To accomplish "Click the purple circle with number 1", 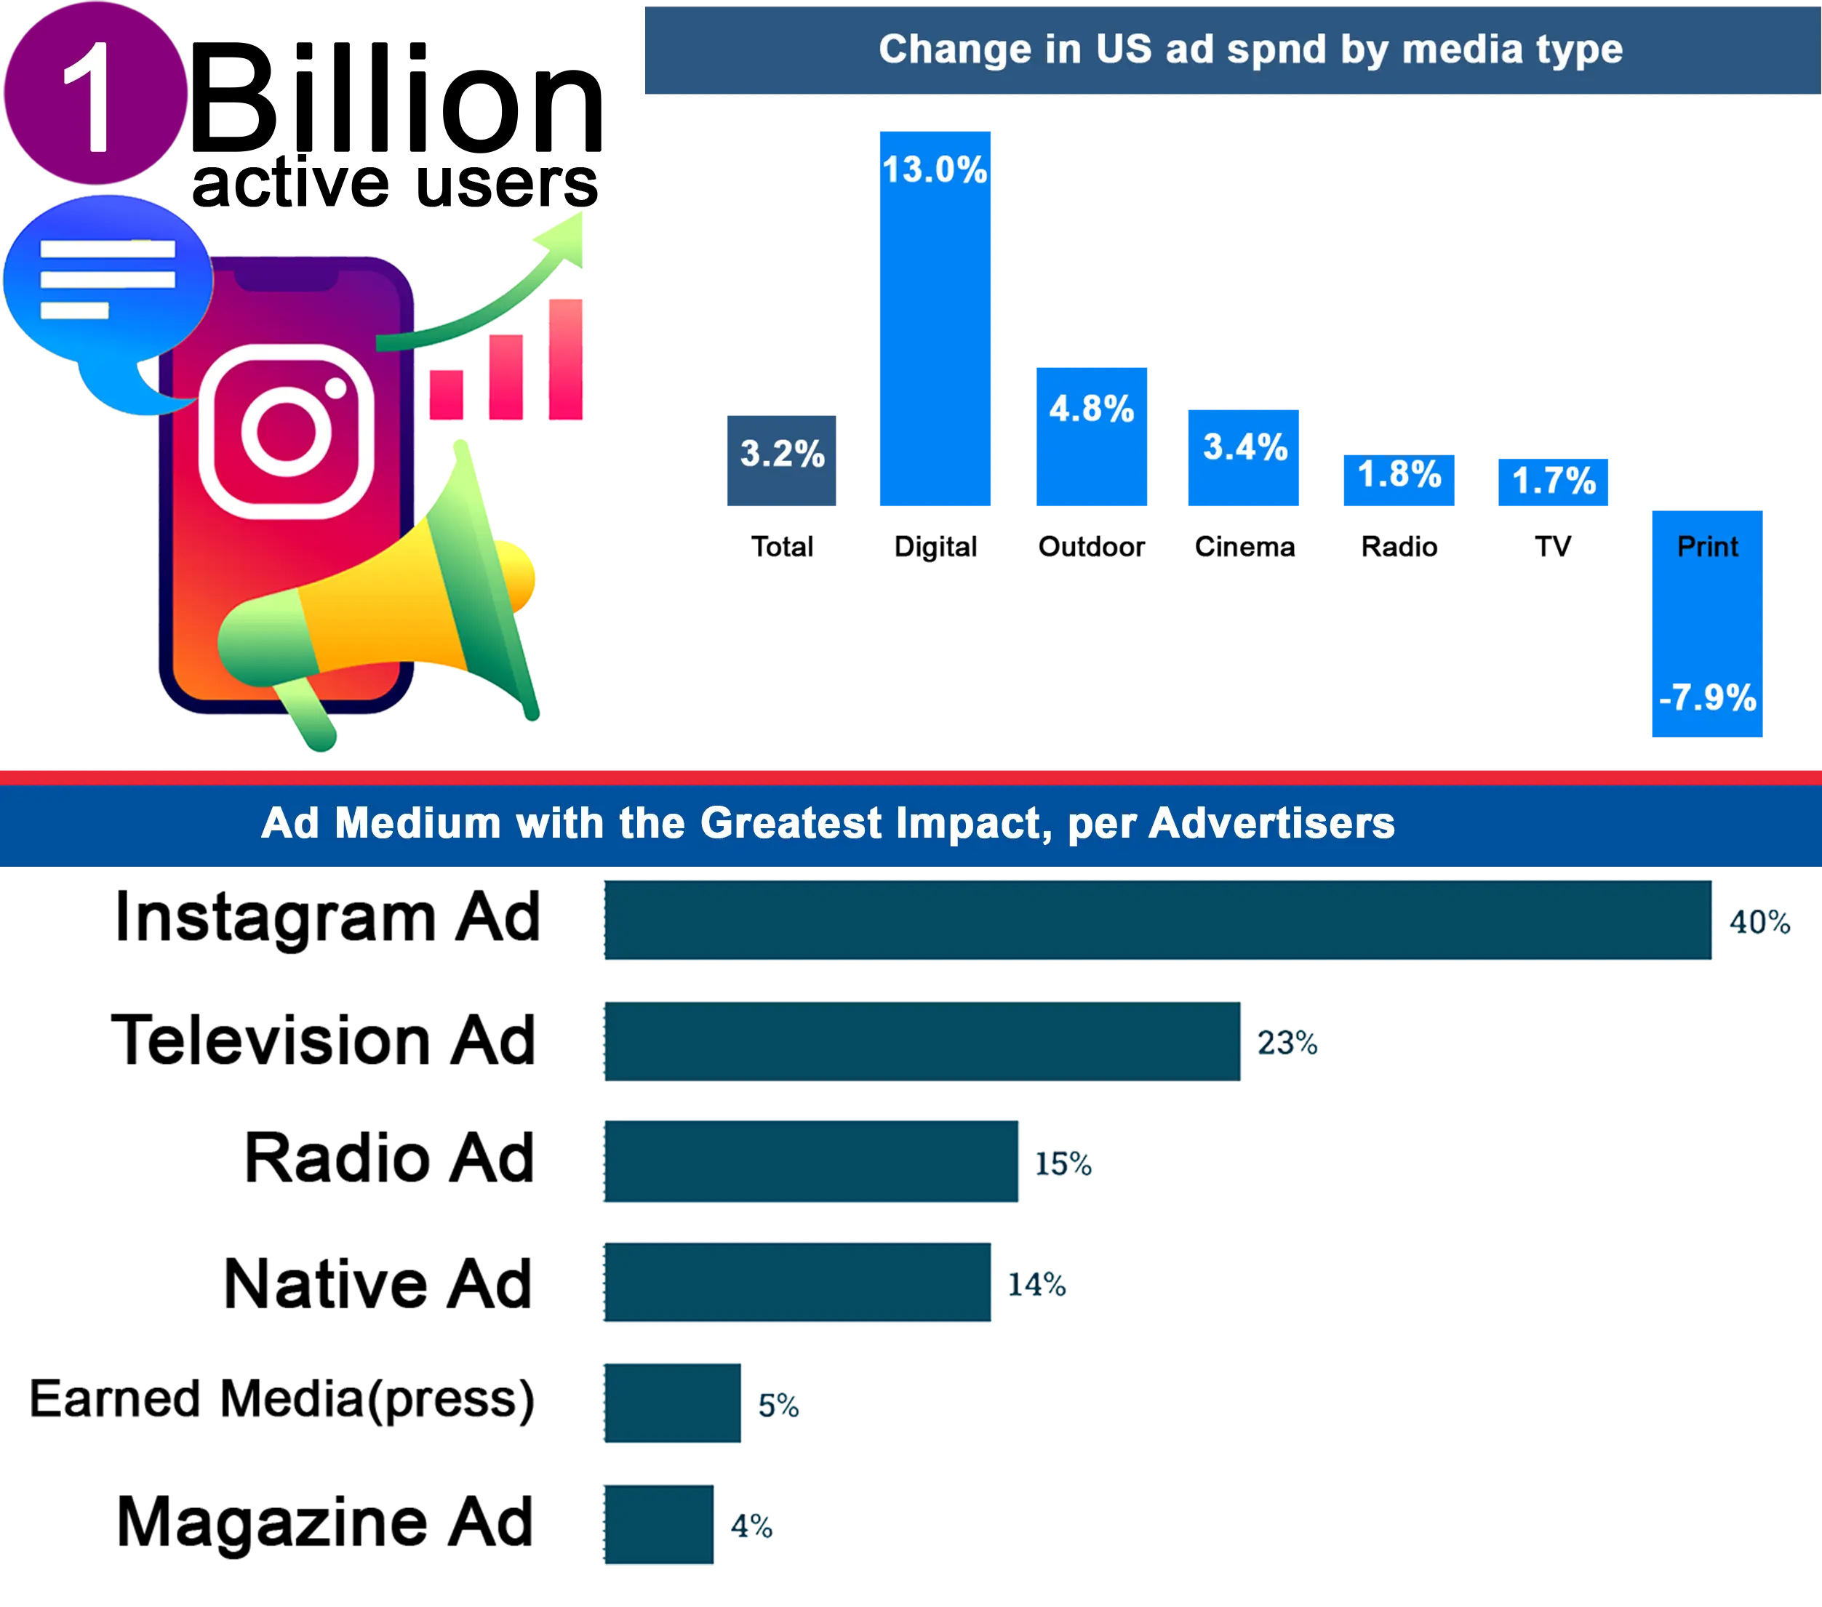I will pyautogui.click(x=96, y=94).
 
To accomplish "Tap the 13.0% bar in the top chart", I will pyautogui.click(x=936, y=321).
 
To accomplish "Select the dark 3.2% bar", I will pyautogui.click(x=780, y=461).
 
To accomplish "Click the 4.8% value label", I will pyautogui.click(x=1092, y=409).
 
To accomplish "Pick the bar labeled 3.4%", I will pyautogui.click(x=1244, y=459).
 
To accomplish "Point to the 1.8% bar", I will pyautogui.click(x=1399, y=481).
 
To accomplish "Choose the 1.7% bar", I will pyautogui.click(x=1554, y=482).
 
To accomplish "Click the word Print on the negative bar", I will pyautogui.click(x=1707, y=546).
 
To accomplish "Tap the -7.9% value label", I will pyautogui.click(x=1707, y=697).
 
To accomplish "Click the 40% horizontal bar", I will pyautogui.click(x=1157, y=921).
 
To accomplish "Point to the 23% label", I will pyautogui.click(x=1288, y=1042).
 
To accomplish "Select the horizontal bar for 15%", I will pyautogui.click(x=811, y=1161).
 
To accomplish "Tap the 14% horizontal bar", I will pyautogui.click(x=797, y=1283).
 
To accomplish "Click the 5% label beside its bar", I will pyautogui.click(x=779, y=1406).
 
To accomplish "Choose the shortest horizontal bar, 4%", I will pyautogui.click(x=658, y=1526).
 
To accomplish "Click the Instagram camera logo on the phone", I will pyautogui.click(x=286, y=431).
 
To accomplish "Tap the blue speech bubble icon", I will pyautogui.click(x=107, y=285).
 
